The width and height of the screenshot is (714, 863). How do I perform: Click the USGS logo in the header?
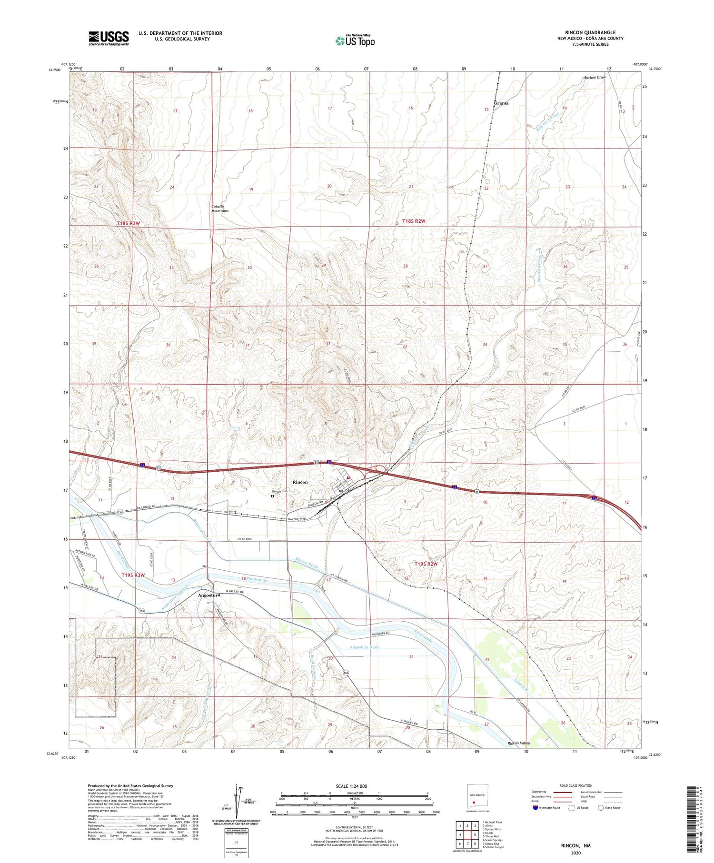(x=109, y=38)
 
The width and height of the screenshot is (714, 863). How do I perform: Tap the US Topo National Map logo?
(x=355, y=40)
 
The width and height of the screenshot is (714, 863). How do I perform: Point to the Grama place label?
(x=501, y=103)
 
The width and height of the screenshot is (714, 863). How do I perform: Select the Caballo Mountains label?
(x=220, y=208)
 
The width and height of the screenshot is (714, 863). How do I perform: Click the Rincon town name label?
(x=300, y=482)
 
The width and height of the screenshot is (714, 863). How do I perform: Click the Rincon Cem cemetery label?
(x=279, y=491)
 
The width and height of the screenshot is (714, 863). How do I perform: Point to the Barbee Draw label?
(x=595, y=77)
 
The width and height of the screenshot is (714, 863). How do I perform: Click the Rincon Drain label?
(x=307, y=563)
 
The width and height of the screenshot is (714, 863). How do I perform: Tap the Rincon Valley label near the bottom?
(x=518, y=743)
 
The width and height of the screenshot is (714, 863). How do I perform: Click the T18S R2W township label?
(x=413, y=221)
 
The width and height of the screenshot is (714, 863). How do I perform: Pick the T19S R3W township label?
(x=133, y=575)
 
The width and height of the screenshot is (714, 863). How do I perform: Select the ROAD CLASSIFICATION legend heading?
(x=575, y=785)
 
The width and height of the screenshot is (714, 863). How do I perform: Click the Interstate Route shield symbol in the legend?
(x=535, y=808)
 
